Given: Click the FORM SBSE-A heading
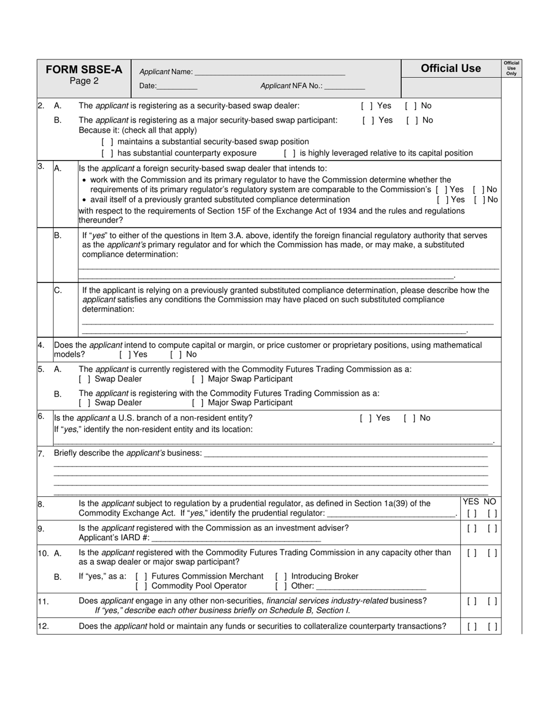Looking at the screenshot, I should [84, 69].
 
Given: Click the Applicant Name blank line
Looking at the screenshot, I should [269, 72].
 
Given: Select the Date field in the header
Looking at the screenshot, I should [177, 87].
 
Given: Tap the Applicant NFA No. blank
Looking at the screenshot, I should [344, 87].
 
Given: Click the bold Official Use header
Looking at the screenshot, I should [451, 69].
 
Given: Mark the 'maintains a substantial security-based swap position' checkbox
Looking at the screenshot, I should [107, 142].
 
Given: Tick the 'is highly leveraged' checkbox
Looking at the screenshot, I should [290, 153].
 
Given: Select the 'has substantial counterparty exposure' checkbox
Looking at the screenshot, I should [107, 153].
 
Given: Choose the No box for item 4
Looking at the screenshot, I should [175, 355].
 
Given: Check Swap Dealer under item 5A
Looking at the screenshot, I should [84, 379].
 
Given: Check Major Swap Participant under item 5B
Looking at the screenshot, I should [198, 403].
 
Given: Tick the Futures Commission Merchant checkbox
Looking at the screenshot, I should [141, 576].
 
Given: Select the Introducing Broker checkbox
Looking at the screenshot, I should [281, 576].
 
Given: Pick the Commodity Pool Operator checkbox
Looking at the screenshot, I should [141, 586].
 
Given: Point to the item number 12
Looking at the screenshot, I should [43, 626].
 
